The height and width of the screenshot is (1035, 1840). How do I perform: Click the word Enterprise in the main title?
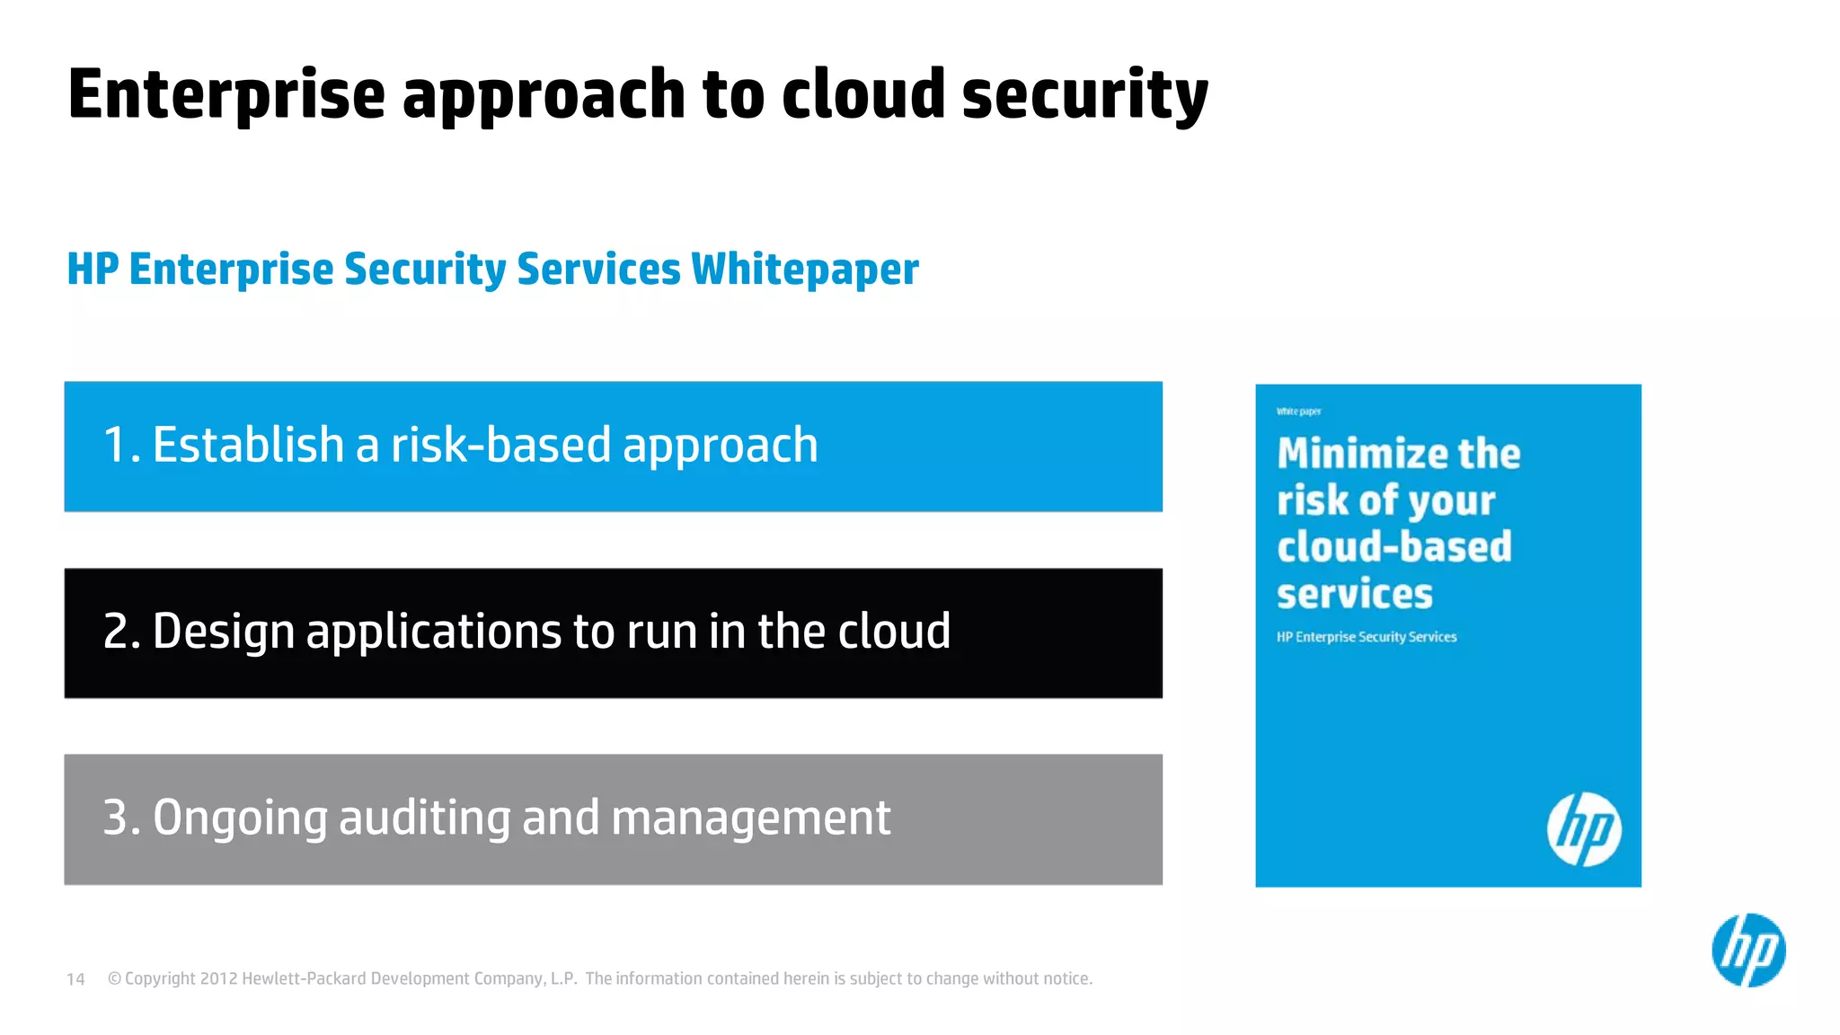click(x=226, y=95)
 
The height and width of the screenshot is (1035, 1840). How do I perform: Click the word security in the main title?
click(x=1084, y=95)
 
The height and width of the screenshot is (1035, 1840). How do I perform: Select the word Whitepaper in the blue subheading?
click(x=804, y=270)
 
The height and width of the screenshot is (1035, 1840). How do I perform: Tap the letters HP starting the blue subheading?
click(x=93, y=270)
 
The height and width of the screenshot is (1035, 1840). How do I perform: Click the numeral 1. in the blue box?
click(x=121, y=446)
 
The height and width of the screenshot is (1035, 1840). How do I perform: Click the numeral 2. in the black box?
click(x=121, y=632)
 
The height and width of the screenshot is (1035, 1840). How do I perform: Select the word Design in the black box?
click(x=224, y=632)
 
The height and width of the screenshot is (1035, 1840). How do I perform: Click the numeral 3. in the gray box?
click(x=121, y=818)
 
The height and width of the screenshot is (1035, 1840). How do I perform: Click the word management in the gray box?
click(x=750, y=818)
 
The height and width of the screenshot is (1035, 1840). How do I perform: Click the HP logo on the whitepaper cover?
click(x=1584, y=829)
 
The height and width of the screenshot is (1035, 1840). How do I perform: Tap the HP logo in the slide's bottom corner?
click(x=1748, y=951)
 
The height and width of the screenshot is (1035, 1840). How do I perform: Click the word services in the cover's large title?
click(x=1354, y=594)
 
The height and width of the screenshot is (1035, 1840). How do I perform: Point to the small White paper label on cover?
click(x=1298, y=411)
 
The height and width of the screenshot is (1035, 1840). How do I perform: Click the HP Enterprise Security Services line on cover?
click(x=1366, y=637)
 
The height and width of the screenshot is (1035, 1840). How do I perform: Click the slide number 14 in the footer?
click(x=75, y=979)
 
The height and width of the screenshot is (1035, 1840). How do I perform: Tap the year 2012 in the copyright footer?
click(x=218, y=978)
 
